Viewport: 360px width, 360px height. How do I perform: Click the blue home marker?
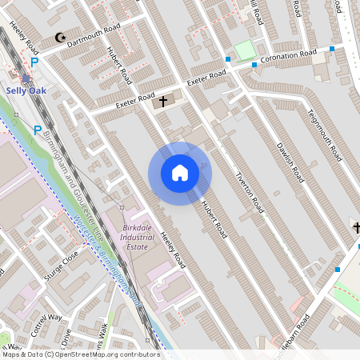click(180, 173)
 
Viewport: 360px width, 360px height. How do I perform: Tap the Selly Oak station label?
click(26, 91)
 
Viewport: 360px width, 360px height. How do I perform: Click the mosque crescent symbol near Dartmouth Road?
click(58, 37)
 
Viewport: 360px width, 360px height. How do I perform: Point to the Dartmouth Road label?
click(94, 35)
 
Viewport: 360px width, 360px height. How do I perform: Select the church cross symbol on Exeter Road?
click(163, 101)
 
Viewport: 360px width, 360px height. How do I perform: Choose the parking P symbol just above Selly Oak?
click(34, 62)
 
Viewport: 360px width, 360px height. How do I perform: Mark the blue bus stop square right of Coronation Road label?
click(331, 49)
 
